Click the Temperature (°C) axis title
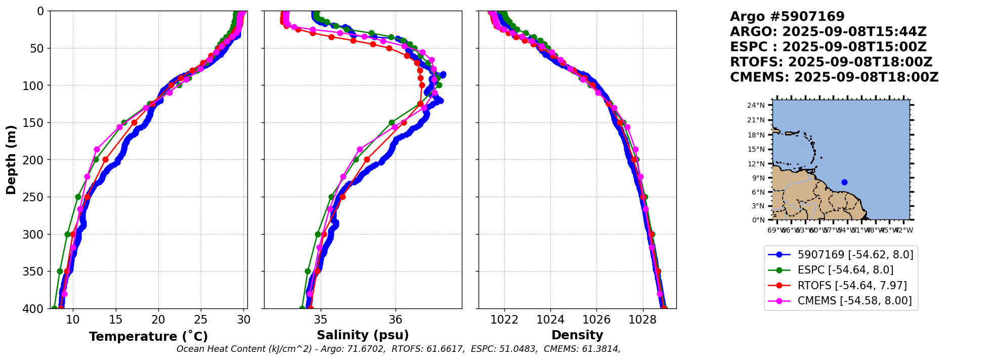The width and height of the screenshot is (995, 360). [148, 337]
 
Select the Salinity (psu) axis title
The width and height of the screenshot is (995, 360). [363, 335]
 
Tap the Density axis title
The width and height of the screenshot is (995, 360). [577, 335]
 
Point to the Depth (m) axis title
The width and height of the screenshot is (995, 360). [11, 159]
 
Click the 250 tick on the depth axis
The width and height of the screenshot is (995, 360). [37, 197]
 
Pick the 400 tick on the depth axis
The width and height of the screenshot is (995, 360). [37, 308]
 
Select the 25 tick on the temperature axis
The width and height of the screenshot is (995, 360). [201, 320]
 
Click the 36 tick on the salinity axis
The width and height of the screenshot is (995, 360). [396, 320]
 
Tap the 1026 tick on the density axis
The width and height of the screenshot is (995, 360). [596, 320]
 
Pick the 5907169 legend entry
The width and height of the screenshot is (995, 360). [855, 255]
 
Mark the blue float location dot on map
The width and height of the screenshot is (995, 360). [844, 182]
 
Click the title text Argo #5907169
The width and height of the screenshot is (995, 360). [787, 17]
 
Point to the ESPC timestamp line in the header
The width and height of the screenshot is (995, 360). [828, 47]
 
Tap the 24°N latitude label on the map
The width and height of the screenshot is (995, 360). [756, 105]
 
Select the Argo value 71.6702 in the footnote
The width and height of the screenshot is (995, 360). [362, 349]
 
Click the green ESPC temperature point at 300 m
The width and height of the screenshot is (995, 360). [67, 234]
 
